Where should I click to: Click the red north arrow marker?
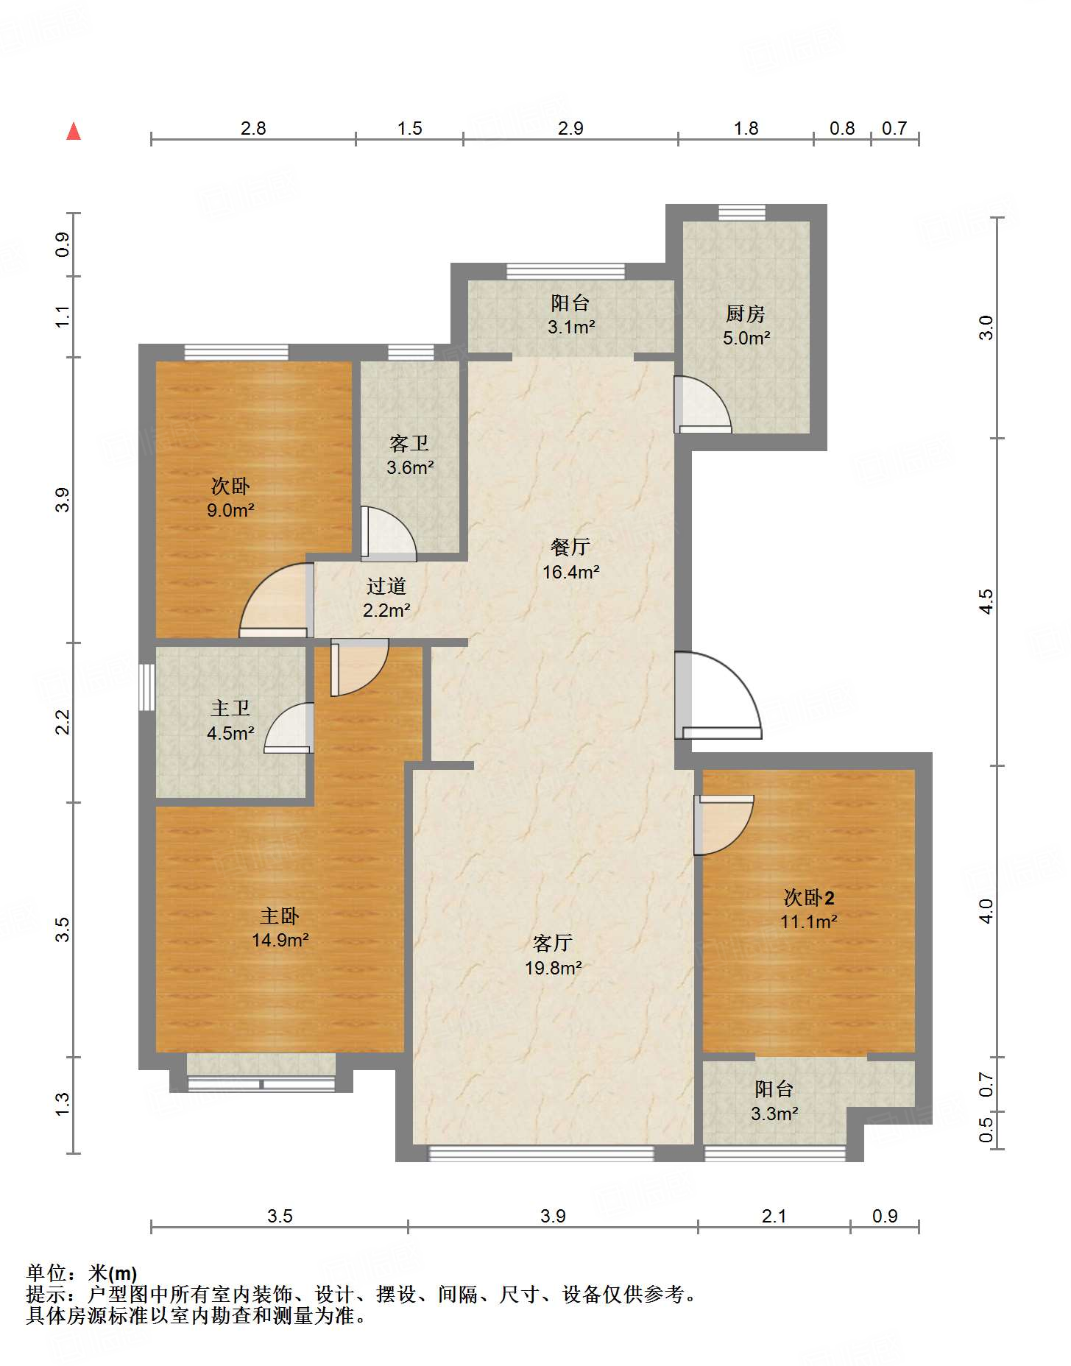[x=74, y=131]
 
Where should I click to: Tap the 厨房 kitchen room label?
[x=746, y=314]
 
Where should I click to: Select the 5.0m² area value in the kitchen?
[x=746, y=338]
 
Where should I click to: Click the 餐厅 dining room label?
[x=570, y=547]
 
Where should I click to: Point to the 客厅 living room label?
[x=553, y=943]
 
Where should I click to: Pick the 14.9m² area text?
[x=280, y=940]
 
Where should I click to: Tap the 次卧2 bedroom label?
[x=809, y=897]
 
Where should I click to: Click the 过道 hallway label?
[x=386, y=586]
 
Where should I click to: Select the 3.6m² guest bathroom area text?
[x=410, y=467]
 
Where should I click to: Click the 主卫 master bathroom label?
[x=230, y=708]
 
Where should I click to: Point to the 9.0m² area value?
[x=230, y=510]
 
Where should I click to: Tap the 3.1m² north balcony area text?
[x=571, y=327]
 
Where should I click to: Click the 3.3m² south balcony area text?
[x=774, y=1114]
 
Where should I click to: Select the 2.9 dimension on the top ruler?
[x=570, y=128]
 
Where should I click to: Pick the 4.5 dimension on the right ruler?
[x=986, y=601]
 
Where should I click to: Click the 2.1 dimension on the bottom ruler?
[x=774, y=1216]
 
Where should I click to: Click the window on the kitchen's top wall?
[x=742, y=212]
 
